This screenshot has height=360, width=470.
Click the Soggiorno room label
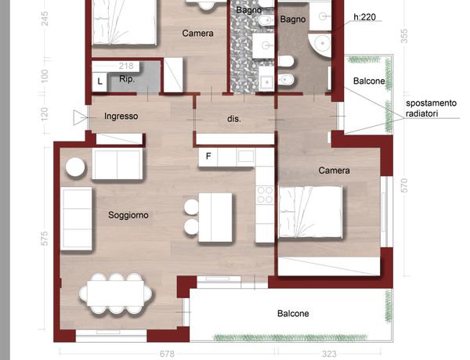128,215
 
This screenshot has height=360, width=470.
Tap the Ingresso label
121,116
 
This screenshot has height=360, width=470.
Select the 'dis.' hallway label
233,119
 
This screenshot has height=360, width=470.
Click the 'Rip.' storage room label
127,79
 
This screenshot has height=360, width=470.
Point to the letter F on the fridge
208,156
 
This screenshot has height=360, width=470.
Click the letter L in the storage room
99,81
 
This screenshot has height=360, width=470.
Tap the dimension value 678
167,354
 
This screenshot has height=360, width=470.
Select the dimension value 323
329,354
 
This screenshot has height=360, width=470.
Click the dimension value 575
44,239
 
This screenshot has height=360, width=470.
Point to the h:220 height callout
365,17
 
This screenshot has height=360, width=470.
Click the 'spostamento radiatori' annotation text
431,109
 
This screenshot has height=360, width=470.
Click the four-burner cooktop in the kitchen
265,195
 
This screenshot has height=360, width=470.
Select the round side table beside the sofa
75,167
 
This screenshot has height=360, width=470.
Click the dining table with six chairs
115,293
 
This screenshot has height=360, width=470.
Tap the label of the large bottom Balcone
293,314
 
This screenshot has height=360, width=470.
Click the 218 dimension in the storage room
126,66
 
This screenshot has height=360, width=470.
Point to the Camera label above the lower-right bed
334,171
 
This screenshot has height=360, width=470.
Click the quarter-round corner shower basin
320,45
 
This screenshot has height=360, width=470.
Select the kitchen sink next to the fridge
246,156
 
